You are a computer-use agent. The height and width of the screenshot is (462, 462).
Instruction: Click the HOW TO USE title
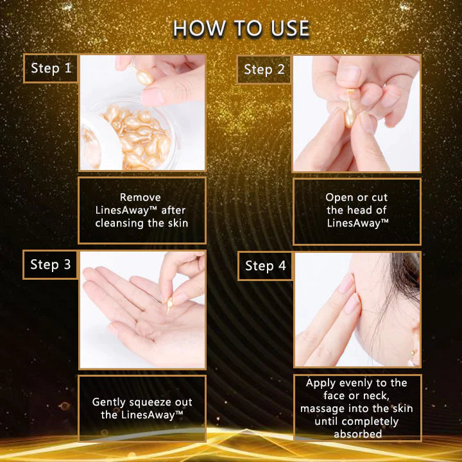coord(241,29)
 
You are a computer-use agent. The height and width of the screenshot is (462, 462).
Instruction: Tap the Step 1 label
coord(51,69)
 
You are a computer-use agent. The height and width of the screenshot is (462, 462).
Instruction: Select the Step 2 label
coord(264,70)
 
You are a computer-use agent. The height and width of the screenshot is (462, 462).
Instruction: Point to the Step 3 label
coord(51,264)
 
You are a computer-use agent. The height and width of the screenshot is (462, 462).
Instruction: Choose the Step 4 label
coord(266,266)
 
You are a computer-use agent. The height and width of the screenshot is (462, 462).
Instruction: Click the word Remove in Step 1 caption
coord(141,197)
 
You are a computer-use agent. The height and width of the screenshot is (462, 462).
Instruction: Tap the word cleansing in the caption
coord(120,223)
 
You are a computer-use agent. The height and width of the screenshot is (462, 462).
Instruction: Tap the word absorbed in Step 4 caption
coord(357,434)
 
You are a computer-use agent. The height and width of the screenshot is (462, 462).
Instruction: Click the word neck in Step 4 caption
coord(377,396)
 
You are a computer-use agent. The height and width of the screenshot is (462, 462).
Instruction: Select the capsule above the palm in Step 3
coord(169,305)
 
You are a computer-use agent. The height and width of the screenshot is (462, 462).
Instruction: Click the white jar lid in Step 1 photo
coord(100,145)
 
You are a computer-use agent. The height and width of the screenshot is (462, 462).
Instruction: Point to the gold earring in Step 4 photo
coord(413,352)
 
